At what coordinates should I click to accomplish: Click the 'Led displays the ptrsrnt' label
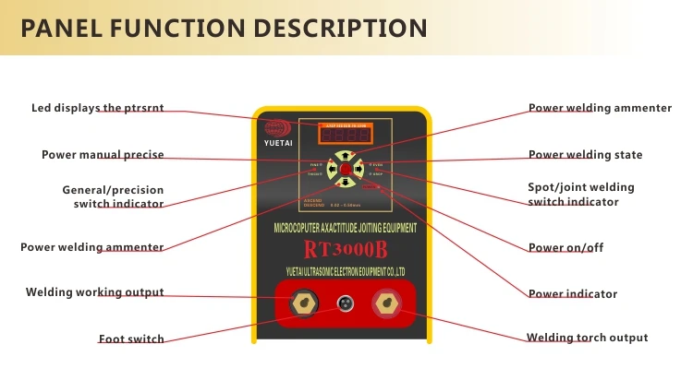[x=98, y=108]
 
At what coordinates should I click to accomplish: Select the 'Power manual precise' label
[x=103, y=154]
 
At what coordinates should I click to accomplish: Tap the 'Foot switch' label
[x=131, y=339]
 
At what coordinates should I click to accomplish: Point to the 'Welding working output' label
[x=94, y=292]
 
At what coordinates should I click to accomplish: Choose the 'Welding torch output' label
[x=588, y=338]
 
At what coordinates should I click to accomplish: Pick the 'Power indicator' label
[x=573, y=293]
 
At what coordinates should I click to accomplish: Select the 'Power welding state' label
[x=586, y=154]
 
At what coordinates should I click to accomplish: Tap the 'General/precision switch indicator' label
[x=113, y=196]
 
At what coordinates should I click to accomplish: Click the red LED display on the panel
[x=343, y=134]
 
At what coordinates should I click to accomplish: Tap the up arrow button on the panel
[x=345, y=157]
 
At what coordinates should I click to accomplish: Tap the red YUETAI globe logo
[x=274, y=128]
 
